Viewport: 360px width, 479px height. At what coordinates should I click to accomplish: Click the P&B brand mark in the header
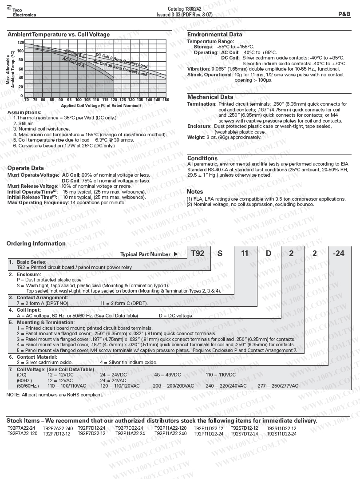point(344,14)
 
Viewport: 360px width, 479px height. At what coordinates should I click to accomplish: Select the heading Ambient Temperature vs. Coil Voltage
point(59,35)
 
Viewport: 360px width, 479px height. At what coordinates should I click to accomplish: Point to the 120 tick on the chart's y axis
point(20,43)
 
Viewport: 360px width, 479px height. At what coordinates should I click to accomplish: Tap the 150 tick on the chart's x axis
point(166,100)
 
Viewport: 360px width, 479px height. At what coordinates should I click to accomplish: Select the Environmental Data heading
point(214,35)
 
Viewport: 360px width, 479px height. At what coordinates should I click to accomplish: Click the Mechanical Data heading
point(210,97)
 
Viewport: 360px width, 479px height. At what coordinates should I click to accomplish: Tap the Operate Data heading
point(25,168)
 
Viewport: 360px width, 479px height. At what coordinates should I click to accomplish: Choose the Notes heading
point(194,192)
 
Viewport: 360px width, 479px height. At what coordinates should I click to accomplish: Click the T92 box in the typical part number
point(198,253)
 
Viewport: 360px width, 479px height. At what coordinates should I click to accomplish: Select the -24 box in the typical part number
point(338,253)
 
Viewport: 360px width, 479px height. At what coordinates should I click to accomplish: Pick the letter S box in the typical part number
point(220,253)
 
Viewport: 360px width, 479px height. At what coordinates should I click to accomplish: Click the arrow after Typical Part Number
point(175,254)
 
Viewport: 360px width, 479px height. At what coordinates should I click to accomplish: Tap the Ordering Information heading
point(36,243)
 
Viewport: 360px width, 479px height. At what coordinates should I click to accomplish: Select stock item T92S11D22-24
point(281,434)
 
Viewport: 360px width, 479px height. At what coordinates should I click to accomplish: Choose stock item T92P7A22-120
point(23,434)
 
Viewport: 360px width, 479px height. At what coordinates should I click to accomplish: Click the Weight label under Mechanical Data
point(196,137)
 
